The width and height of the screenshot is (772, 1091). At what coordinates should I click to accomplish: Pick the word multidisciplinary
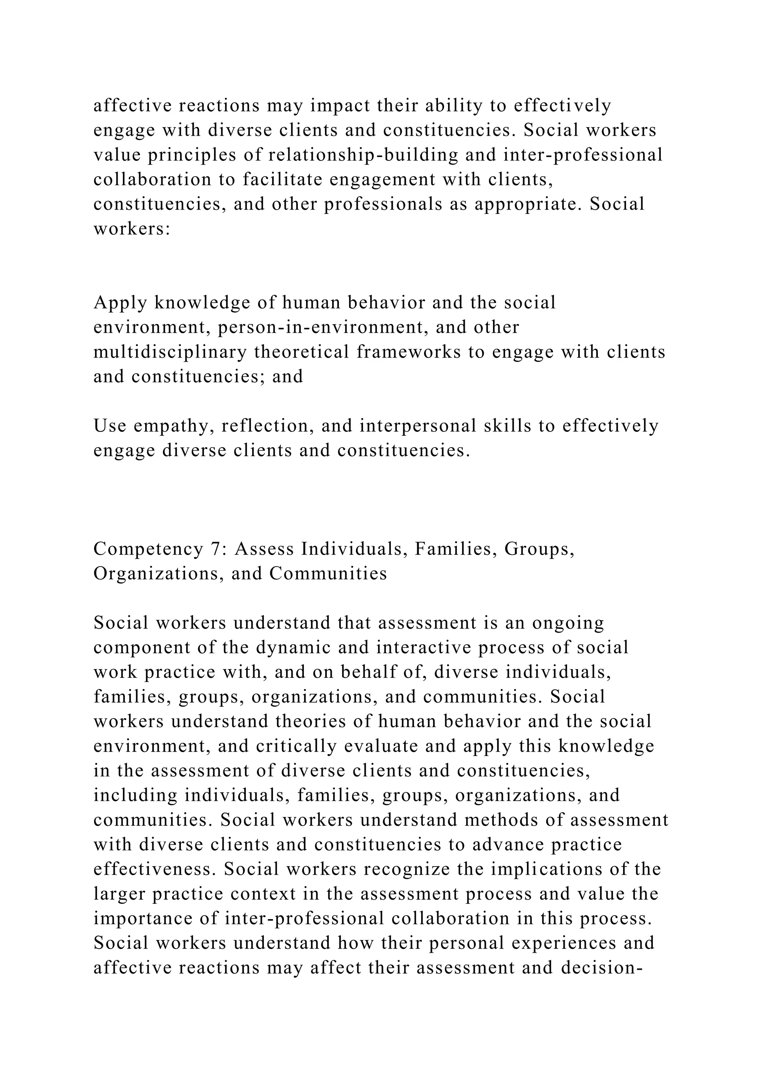[170, 352]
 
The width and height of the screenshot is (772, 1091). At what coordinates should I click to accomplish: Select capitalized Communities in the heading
[328, 574]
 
